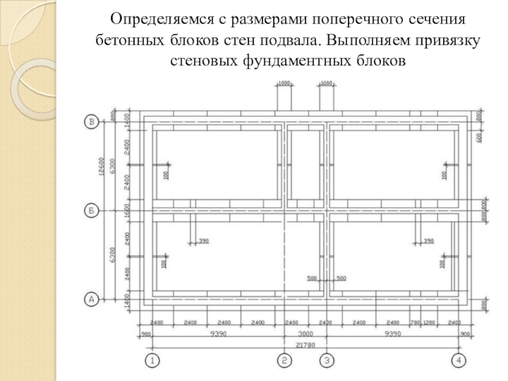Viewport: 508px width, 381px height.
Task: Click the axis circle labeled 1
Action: coord(152,361)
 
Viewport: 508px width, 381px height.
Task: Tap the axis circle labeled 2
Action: coord(284,361)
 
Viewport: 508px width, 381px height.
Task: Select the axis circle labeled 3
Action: coord(326,361)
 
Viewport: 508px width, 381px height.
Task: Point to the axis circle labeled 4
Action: coord(458,361)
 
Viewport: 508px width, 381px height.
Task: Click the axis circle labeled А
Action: coord(91,298)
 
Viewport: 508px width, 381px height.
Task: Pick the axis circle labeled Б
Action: coord(91,210)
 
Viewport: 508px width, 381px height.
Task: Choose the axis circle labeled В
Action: coord(91,121)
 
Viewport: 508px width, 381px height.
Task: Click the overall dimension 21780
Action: coord(305,343)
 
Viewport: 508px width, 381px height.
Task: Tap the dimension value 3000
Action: coord(305,333)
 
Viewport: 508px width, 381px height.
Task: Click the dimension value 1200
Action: coord(430,323)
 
